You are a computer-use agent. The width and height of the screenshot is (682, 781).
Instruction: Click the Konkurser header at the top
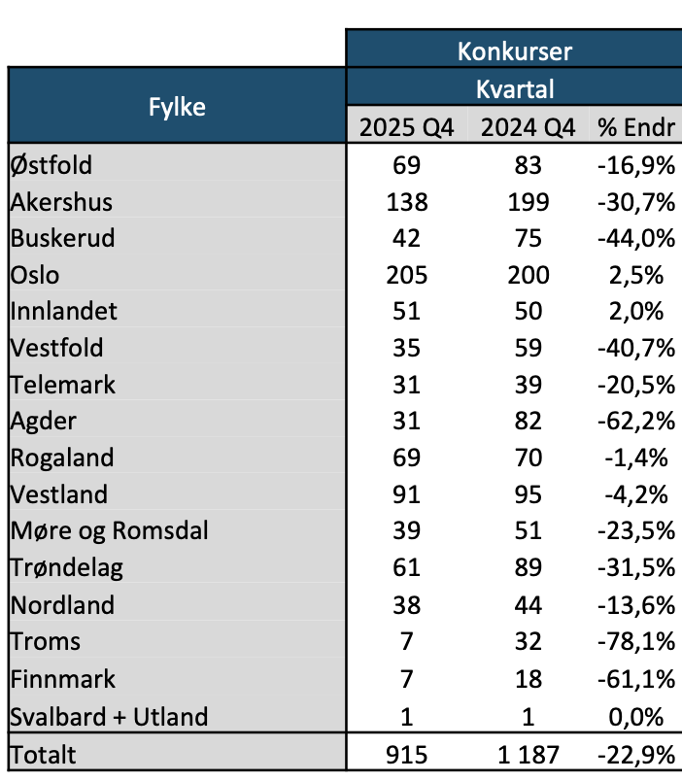coord(515,51)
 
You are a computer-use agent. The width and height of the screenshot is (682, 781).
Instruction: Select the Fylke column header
coord(177,107)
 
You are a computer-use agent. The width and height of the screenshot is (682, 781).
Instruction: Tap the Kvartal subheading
coord(515,89)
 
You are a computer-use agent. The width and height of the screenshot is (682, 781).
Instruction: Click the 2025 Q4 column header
coord(406,127)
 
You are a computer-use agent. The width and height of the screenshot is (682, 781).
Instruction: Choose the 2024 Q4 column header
coord(529,127)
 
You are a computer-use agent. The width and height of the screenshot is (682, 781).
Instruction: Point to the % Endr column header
coord(636,127)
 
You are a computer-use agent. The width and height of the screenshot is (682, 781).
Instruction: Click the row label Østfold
coord(51,165)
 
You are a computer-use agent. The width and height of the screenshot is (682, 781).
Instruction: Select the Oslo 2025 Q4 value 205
coord(406,275)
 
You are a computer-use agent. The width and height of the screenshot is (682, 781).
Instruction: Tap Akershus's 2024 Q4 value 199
coord(529,202)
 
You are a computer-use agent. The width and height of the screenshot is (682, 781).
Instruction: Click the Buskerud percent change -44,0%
coord(636,238)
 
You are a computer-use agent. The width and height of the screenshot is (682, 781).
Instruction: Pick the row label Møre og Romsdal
coord(109,530)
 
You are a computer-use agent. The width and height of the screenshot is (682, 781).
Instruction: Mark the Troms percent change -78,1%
coord(636,641)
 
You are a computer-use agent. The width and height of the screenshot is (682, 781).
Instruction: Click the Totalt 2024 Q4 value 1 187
coord(529,755)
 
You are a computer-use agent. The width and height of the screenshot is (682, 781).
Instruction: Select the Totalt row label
coord(43,755)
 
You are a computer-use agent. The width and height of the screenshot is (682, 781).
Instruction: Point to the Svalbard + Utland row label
coord(109,717)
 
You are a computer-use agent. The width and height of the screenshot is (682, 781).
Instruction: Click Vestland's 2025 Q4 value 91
coord(406,494)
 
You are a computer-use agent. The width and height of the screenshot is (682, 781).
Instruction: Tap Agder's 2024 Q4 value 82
coord(529,421)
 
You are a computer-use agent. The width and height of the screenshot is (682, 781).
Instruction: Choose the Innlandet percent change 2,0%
coord(636,311)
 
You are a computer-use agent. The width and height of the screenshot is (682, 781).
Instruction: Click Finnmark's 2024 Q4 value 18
coord(529,679)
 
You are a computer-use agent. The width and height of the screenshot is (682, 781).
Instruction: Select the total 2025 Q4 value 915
coord(406,755)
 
